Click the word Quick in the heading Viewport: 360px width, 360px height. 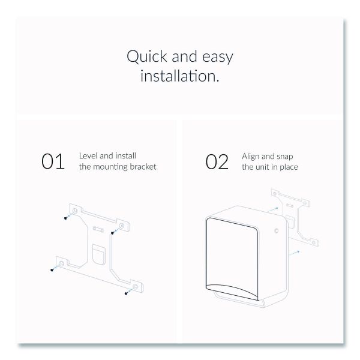click(x=147, y=56)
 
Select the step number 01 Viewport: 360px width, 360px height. click(x=53, y=161)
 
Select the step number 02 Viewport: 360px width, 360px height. click(x=217, y=162)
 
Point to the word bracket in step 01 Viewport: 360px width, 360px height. click(x=143, y=167)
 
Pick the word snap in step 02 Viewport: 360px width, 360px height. click(x=284, y=157)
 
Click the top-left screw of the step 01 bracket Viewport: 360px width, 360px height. click(x=65, y=218)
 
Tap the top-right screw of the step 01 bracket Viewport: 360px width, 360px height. click(x=112, y=233)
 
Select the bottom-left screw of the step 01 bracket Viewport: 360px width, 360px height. click(x=52, y=270)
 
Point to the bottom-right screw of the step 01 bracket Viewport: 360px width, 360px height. click(x=126, y=293)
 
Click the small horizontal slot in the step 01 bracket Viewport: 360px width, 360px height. click(x=98, y=229)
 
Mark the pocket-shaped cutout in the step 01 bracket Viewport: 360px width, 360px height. click(x=99, y=255)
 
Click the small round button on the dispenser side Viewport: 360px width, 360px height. click(x=277, y=230)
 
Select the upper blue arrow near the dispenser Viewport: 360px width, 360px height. click(x=273, y=209)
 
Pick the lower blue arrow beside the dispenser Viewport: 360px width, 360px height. click(x=295, y=253)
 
